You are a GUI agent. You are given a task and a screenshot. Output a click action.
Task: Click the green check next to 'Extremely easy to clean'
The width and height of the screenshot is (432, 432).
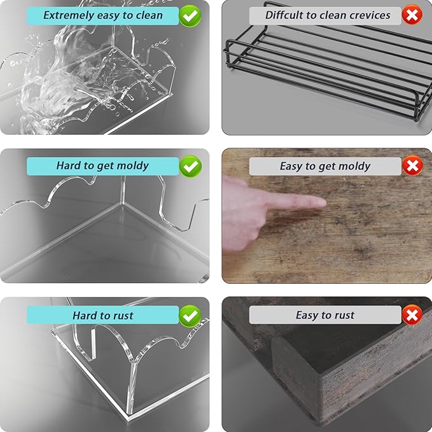[190, 16]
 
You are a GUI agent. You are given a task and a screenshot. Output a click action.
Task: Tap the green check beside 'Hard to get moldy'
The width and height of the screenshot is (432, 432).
[190, 166]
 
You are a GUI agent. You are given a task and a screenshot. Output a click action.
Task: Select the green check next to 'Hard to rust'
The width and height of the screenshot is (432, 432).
[190, 316]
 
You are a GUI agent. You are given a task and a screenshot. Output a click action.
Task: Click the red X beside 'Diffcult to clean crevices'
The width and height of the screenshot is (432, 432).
[412, 15]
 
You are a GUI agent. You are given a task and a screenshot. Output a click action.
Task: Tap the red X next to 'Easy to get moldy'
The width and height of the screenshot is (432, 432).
[412, 165]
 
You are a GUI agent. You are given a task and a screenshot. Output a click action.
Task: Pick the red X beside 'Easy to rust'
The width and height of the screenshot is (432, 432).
[412, 315]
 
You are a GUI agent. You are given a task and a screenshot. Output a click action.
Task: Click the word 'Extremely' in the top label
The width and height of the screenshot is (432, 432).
[69, 15]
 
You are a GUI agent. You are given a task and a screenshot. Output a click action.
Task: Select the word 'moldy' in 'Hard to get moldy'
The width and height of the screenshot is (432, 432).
[134, 166]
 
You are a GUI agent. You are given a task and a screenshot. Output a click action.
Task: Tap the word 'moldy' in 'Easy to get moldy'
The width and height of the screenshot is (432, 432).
[354, 166]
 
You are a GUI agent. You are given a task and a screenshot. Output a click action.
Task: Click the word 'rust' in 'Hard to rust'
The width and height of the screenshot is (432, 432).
[123, 316]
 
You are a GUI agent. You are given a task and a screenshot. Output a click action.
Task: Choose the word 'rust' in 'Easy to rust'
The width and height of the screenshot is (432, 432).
[344, 315]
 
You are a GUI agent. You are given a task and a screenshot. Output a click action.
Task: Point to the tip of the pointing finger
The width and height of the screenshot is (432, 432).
[325, 204]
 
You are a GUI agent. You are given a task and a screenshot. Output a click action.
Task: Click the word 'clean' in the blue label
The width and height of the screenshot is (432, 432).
[150, 15]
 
